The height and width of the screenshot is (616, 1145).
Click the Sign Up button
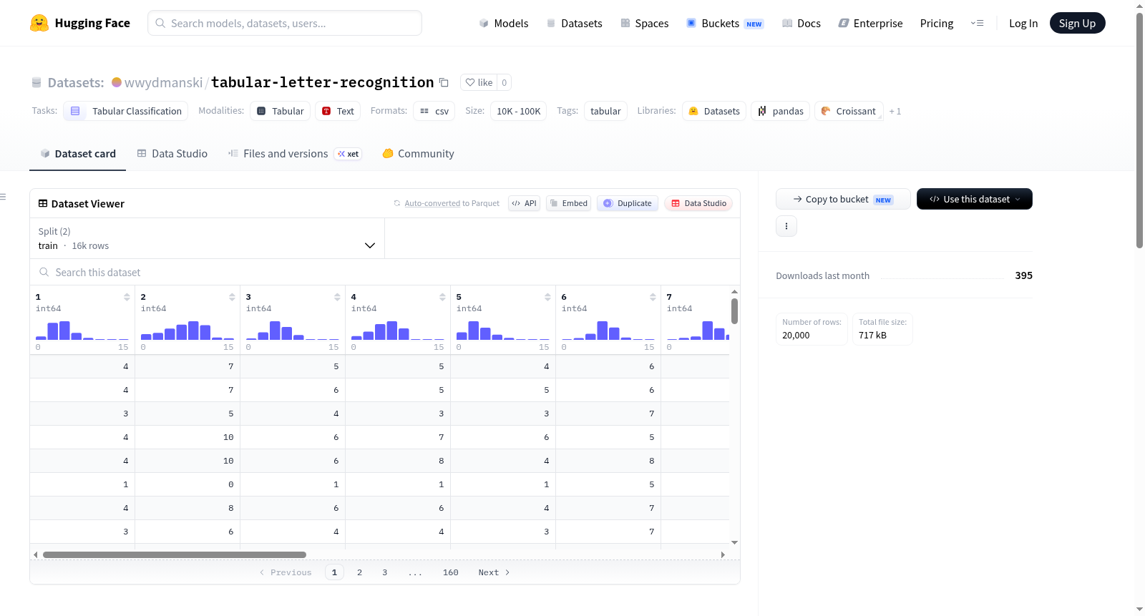1077,23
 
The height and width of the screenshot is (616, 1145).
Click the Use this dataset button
974,199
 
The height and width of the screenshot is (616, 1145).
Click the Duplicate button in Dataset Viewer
627,203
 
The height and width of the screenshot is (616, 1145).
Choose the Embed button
568,203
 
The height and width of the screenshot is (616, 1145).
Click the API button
524,203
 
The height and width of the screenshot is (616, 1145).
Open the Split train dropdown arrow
369,245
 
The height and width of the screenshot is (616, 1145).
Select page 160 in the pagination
450,572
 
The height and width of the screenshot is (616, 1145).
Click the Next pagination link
494,572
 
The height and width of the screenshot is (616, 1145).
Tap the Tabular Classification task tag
126,111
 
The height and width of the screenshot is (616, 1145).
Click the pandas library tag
780,111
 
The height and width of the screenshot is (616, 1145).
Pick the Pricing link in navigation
937,23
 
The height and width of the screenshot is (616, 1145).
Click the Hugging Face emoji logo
39,23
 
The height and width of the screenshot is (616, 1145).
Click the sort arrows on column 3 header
337,297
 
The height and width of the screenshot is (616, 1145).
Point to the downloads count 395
1023,275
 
